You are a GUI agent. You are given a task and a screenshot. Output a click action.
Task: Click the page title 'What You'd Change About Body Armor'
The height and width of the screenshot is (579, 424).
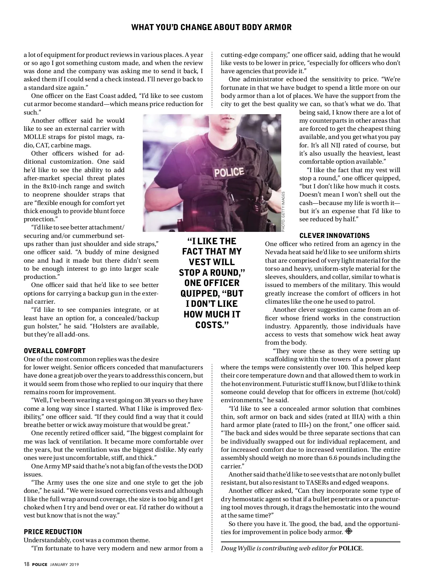[211, 27]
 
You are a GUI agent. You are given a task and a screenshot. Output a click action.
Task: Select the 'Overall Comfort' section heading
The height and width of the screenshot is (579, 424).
[54, 351]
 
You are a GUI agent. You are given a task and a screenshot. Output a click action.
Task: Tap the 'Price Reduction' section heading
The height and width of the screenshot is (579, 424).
[53, 532]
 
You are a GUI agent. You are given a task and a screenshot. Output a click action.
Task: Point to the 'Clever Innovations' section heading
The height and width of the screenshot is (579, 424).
[334, 235]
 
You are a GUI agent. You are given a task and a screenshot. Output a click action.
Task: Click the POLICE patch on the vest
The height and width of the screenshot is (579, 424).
[229, 172]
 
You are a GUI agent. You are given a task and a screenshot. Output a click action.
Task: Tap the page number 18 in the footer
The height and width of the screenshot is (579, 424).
[26, 565]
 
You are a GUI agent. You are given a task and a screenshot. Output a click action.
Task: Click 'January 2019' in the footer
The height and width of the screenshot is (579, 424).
[64, 565]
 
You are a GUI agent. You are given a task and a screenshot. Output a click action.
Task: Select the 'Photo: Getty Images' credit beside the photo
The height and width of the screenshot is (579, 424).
[283, 211]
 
